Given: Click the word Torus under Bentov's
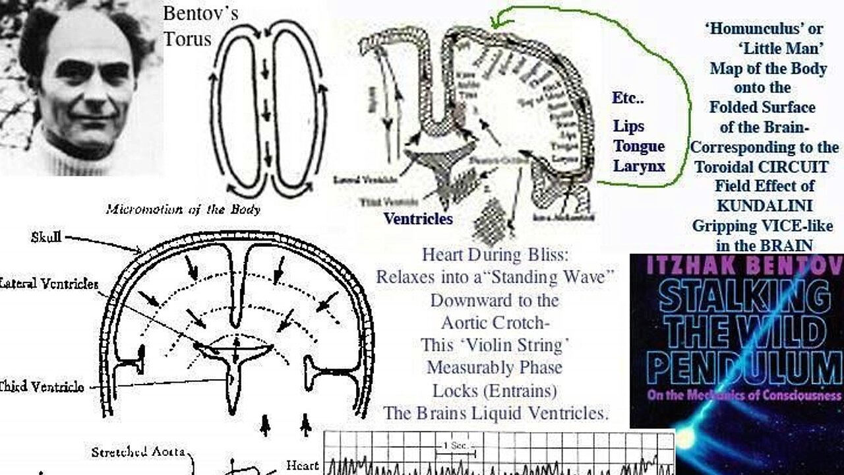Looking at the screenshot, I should point(187,39).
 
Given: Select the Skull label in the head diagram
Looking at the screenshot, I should point(47,237).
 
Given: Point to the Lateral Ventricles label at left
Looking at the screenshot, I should point(49,284).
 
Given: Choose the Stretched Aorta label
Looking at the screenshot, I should point(138,452).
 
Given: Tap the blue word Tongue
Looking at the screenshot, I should point(638,146).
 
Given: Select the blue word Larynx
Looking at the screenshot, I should point(638,166).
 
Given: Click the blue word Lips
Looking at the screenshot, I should point(628,126).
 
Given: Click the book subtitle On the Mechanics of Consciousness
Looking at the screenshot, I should point(737,396).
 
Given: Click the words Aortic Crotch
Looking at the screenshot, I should point(495,323).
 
